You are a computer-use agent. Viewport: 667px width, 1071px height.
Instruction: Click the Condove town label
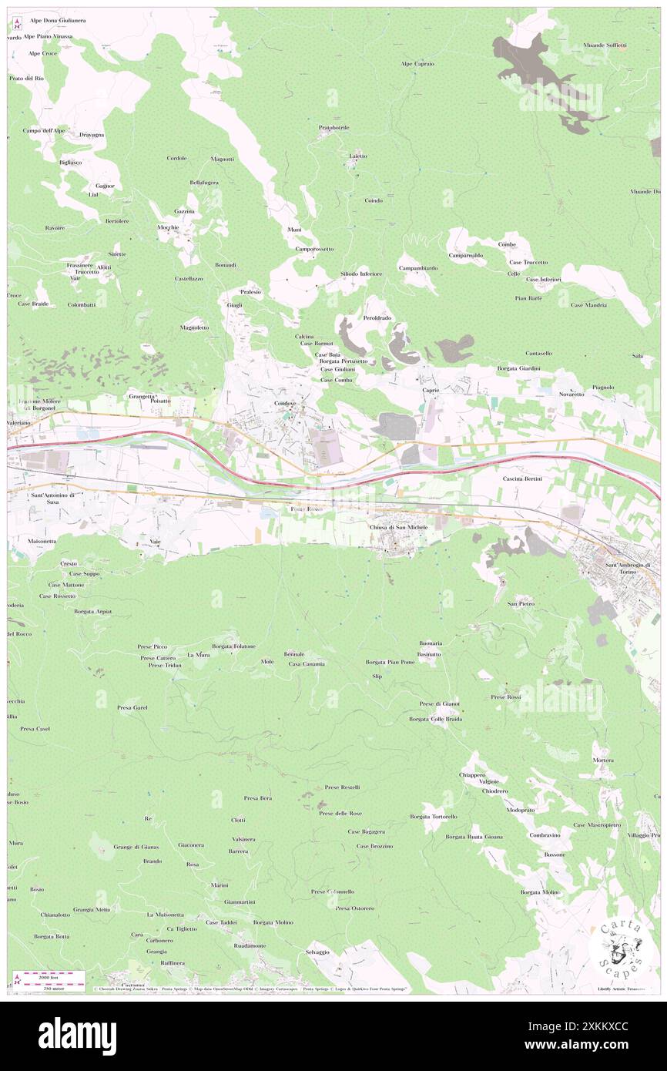285,404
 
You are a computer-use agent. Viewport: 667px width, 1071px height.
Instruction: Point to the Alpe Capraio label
417,64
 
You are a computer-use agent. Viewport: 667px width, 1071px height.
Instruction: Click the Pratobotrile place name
334,127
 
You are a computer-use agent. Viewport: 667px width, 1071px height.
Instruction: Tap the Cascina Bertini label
523,478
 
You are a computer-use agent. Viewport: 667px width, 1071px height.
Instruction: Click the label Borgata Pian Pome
390,662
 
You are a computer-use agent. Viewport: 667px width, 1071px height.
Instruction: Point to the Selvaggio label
317,952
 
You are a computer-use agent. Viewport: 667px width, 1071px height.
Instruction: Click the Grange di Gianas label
136,846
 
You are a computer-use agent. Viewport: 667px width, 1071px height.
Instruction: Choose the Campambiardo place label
418,267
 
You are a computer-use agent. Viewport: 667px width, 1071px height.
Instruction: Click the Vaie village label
155,542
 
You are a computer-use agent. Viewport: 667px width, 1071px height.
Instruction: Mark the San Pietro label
521,603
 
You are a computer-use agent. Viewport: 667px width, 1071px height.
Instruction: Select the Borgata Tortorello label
434,816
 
